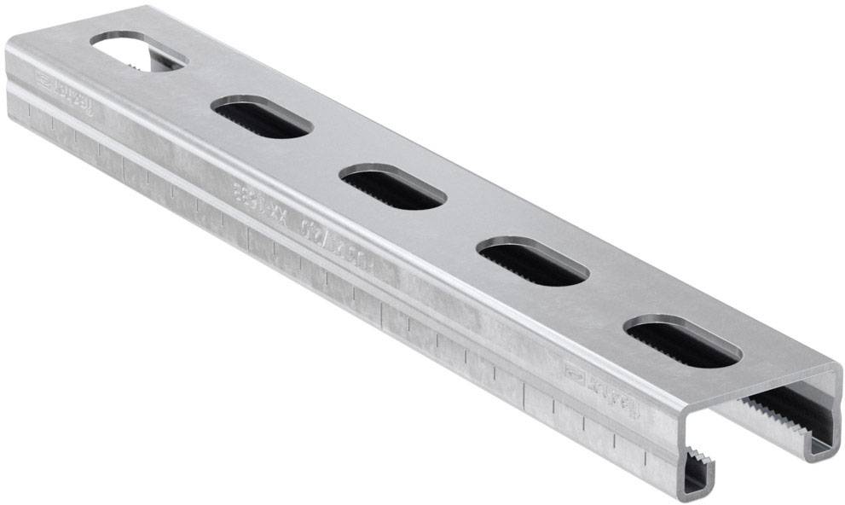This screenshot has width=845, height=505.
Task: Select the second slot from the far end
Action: click(261, 116)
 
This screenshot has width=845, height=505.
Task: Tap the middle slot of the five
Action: click(392, 187)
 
